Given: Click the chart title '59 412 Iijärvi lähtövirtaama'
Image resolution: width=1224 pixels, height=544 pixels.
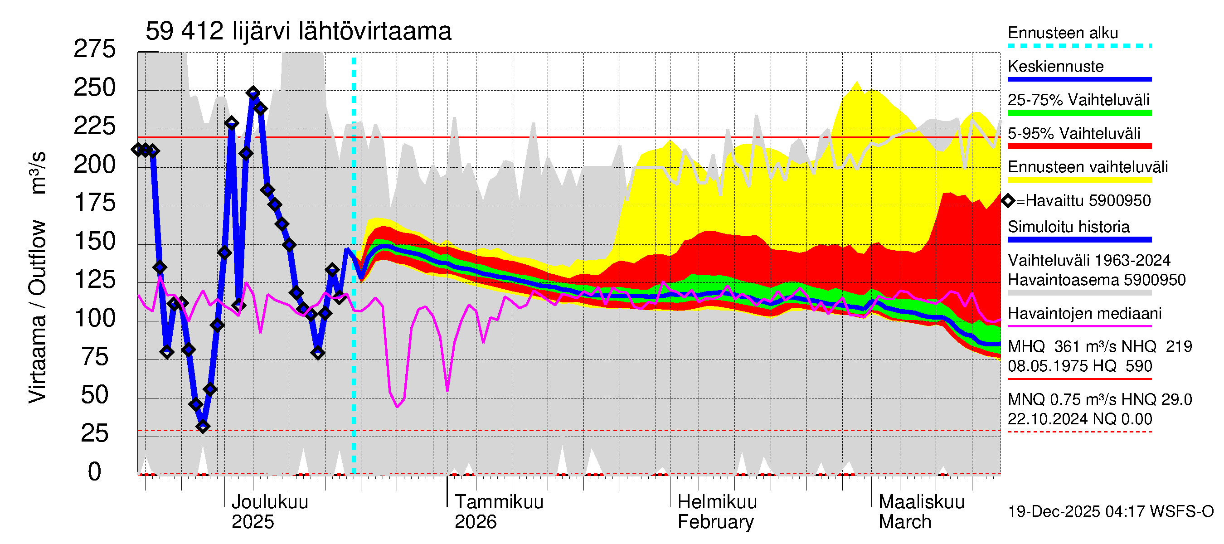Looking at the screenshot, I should pyautogui.click(x=298, y=31).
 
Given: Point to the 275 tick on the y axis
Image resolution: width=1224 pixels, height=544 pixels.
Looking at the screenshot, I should pyautogui.click(x=95, y=49).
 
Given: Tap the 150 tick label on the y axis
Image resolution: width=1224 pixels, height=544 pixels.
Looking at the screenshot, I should pyautogui.click(x=95, y=241).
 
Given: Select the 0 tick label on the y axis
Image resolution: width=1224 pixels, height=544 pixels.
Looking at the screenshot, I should pyautogui.click(x=95, y=472).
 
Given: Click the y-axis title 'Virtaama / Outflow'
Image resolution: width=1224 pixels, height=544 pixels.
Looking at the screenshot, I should pyautogui.click(x=37, y=311).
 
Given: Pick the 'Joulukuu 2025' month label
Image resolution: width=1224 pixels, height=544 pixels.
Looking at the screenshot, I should pyautogui.click(x=269, y=512).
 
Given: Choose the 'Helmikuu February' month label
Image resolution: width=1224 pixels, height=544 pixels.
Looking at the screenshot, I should pyautogui.click(x=717, y=512).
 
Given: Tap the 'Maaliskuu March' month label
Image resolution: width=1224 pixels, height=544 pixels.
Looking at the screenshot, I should pyautogui.click(x=921, y=512).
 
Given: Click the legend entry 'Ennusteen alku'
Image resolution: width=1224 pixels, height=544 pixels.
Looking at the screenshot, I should pyautogui.click(x=1063, y=33).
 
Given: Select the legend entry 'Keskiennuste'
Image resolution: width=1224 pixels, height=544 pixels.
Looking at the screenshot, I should pyautogui.click(x=1055, y=67).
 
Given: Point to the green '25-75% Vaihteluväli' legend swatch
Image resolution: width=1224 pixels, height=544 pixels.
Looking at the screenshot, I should pyautogui.click(x=1079, y=113).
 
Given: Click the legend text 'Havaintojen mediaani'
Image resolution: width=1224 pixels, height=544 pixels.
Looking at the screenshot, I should pyautogui.click(x=1084, y=314).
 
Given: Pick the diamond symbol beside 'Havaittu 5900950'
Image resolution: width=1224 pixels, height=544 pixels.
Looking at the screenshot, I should pyautogui.click(x=1008, y=200).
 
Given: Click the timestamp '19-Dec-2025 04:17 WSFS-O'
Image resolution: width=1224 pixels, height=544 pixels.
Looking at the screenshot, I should pyautogui.click(x=1110, y=512).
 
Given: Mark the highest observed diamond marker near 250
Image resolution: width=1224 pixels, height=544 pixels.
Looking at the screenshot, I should pyautogui.click(x=253, y=92).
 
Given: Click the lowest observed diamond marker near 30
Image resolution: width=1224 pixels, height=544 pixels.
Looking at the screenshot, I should pyautogui.click(x=203, y=426).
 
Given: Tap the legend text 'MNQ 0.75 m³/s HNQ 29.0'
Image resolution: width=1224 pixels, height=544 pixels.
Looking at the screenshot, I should pyautogui.click(x=1099, y=399).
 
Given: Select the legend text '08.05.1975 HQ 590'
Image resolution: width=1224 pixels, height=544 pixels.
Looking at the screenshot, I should pyautogui.click(x=1079, y=366).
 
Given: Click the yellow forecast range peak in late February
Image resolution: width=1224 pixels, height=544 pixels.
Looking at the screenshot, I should pyautogui.click(x=857, y=83).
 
